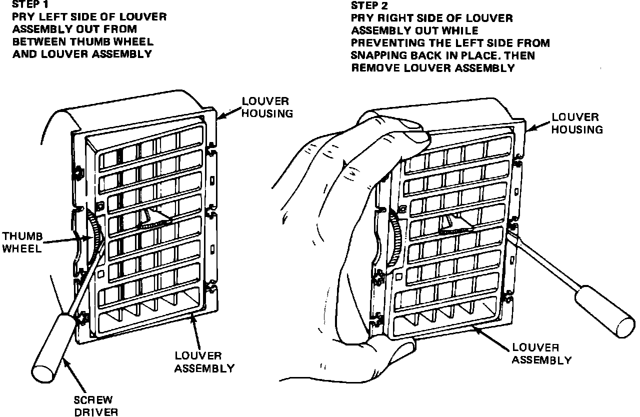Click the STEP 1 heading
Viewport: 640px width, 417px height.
28,5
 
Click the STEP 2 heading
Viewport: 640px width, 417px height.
367,5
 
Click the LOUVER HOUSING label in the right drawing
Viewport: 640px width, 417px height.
577,123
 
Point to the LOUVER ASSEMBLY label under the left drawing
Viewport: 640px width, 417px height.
204,362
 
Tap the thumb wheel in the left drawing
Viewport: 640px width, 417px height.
94,235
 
